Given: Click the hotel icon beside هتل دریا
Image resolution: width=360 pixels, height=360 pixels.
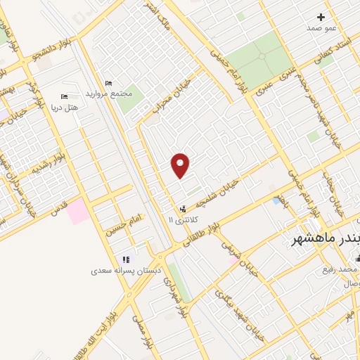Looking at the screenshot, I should pyautogui.click(x=65, y=96).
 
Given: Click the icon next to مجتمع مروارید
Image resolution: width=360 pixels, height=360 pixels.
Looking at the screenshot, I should pyautogui.click(x=108, y=83).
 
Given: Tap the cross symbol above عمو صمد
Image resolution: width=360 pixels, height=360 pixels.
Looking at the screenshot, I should pyautogui.click(x=321, y=17).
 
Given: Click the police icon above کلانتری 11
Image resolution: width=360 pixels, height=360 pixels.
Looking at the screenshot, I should pyautogui.click(x=183, y=209).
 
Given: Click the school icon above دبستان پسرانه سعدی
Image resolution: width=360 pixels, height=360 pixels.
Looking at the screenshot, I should pyautogui.click(x=126, y=259).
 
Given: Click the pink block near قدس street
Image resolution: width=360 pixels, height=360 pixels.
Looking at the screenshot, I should pyautogui.click(x=78, y=212).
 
